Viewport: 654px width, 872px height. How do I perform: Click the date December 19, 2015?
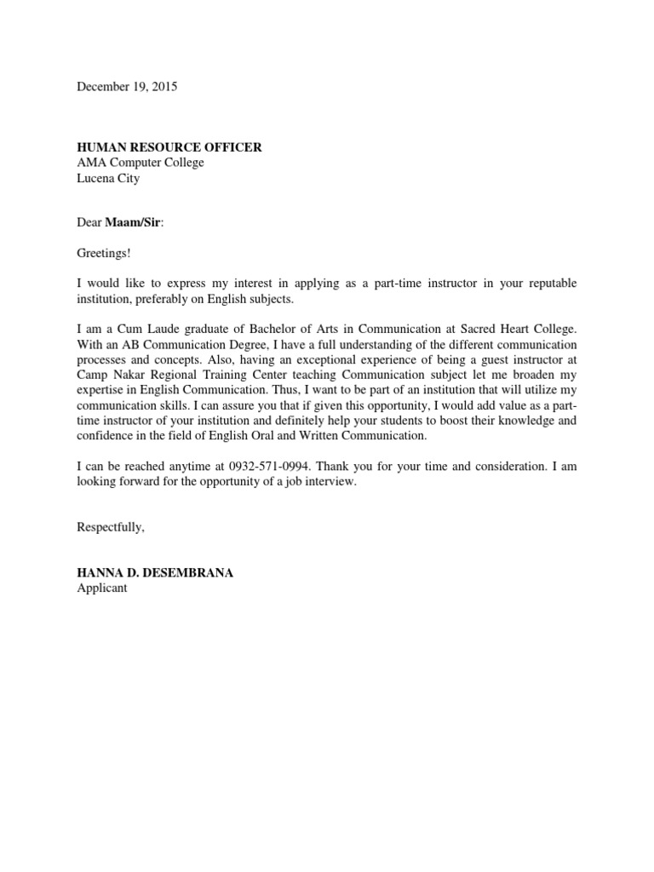[x=128, y=87]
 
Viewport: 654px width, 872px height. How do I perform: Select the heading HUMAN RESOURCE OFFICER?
[x=169, y=148]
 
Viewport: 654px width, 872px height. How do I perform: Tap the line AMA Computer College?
[x=141, y=163]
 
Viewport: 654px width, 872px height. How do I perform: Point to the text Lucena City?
[x=108, y=179]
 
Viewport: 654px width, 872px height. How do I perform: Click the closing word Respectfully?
[x=111, y=527]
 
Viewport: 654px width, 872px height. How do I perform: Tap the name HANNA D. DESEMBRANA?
[x=155, y=573]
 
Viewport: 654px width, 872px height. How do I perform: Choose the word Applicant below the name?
[x=102, y=588]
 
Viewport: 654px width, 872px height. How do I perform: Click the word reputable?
[x=550, y=284]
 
